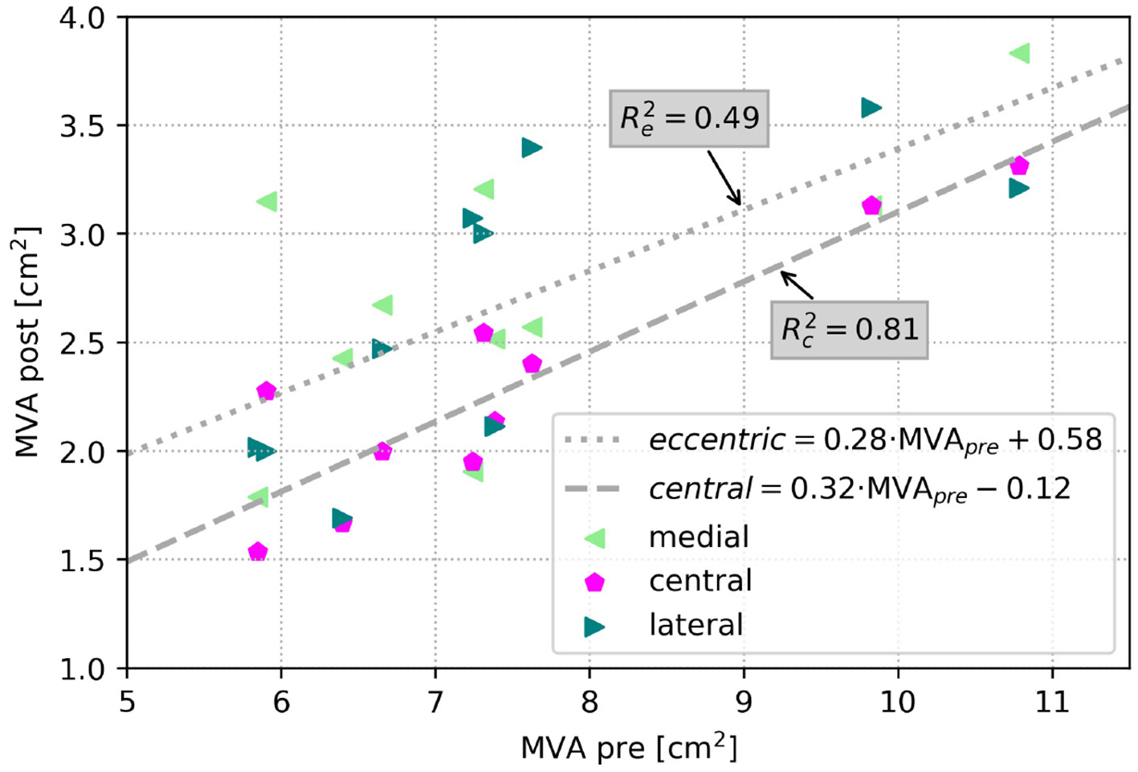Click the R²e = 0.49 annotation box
coord(689,118)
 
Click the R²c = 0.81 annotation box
coord(849,329)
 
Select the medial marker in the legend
coord(595,537)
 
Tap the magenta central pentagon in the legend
coord(594,582)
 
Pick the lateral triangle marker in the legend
coord(594,626)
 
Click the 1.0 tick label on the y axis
coord(82,668)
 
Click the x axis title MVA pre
coord(628,747)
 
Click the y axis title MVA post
coord(27,342)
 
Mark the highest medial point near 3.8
coord(1020,53)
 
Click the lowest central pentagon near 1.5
coord(258,552)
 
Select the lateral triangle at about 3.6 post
coord(871,108)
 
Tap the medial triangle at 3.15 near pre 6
coord(267,202)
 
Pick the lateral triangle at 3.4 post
coord(531,148)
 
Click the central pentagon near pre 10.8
coord(1019,166)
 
